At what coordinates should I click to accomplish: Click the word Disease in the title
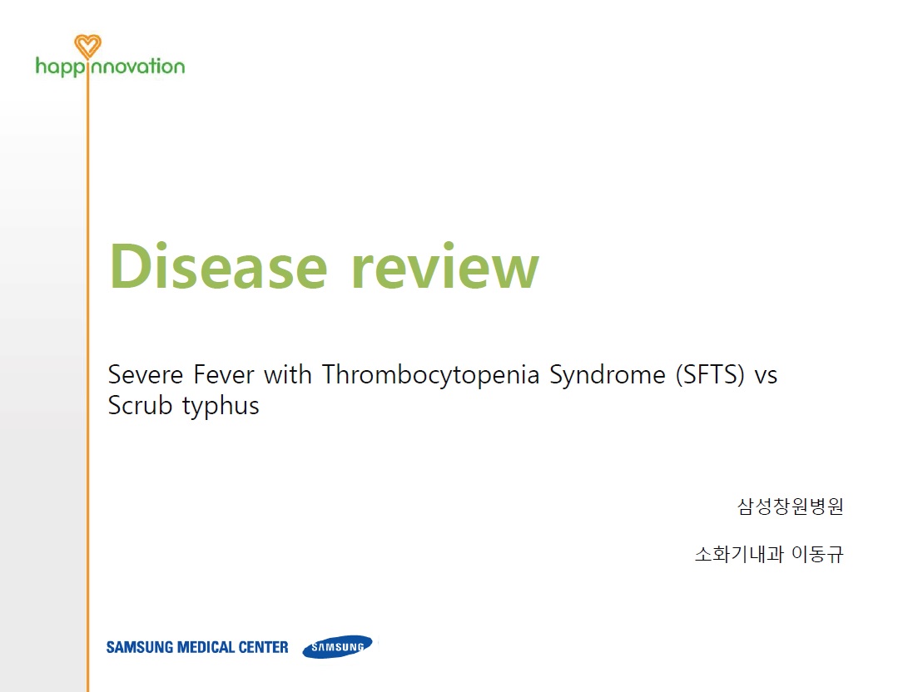(x=218, y=265)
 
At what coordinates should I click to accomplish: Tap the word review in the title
(x=445, y=265)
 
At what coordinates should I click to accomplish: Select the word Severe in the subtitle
(x=146, y=375)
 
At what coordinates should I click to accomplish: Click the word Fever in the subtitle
(x=224, y=375)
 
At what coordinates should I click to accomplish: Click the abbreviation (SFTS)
(x=710, y=375)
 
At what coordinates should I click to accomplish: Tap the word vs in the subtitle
(x=766, y=376)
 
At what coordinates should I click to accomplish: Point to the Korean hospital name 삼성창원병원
(x=791, y=506)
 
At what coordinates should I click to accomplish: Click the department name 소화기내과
(x=739, y=554)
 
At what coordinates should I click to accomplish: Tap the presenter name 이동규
(x=817, y=554)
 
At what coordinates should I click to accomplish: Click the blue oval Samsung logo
(x=337, y=647)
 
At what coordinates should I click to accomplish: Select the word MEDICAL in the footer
(x=206, y=647)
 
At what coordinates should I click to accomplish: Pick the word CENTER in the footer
(x=263, y=647)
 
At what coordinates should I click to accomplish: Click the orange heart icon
(x=87, y=46)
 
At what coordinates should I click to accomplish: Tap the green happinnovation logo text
(x=110, y=67)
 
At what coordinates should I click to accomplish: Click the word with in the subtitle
(x=288, y=374)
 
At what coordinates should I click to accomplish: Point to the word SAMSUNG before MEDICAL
(x=140, y=647)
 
